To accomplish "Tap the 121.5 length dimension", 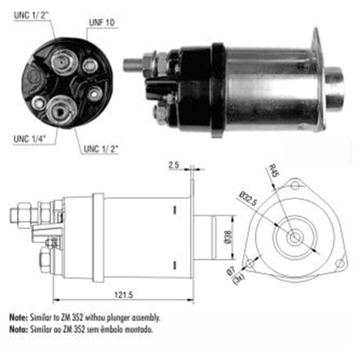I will tap(124, 294).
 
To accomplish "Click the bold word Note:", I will tap(18, 318).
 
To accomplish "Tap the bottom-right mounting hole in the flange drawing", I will tap(339, 264).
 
